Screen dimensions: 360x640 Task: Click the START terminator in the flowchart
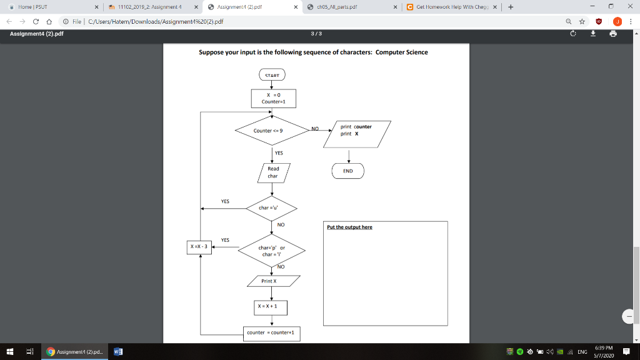click(x=272, y=76)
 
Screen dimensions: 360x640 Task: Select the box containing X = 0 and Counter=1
click(x=273, y=98)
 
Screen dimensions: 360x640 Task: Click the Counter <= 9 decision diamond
click(x=268, y=131)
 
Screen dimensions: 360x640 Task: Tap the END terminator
click(x=348, y=171)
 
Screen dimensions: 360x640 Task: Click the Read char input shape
click(x=273, y=172)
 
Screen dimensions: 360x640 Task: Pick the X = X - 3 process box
click(x=199, y=246)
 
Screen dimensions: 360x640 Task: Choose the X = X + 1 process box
click(x=271, y=307)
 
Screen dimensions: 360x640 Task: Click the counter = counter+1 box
click(x=272, y=333)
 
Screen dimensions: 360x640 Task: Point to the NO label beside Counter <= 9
click(x=315, y=127)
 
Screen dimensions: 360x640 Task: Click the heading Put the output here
click(x=349, y=227)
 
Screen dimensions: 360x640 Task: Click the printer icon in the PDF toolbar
click(x=613, y=34)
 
